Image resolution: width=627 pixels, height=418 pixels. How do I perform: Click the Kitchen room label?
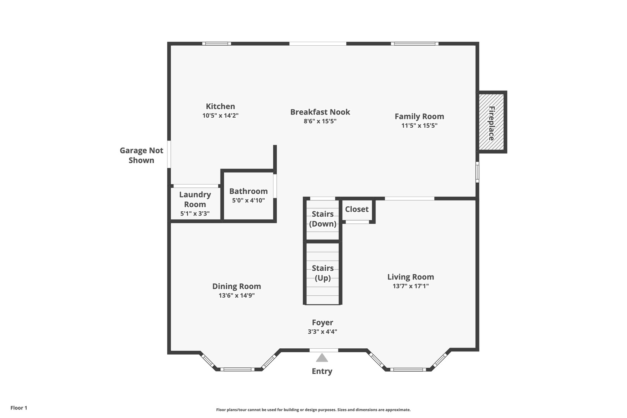(x=220, y=106)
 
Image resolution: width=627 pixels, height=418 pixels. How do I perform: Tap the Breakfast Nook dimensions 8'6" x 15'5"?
(x=320, y=121)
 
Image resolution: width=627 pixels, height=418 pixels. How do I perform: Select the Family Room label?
(x=419, y=116)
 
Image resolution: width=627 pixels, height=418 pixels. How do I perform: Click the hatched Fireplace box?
(x=492, y=122)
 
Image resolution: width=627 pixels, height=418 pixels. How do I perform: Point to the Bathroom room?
(x=248, y=195)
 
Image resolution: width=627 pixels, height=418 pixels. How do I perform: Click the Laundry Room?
(x=195, y=204)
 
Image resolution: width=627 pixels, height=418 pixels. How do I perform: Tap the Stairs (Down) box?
(x=322, y=219)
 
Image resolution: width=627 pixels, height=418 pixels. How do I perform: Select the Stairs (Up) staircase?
(x=322, y=273)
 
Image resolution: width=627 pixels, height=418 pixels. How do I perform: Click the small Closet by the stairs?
(x=357, y=209)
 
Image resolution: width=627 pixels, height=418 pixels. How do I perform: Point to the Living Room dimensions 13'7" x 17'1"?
(x=411, y=286)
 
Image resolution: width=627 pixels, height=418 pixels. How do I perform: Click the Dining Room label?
(x=236, y=286)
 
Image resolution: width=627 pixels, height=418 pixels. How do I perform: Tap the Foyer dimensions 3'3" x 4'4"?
(x=322, y=332)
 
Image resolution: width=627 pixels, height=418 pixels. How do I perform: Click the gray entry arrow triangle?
(x=322, y=358)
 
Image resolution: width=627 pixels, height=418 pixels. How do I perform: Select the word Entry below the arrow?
(x=322, y=371)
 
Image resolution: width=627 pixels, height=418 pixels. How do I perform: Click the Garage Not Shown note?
(x=141, y=155)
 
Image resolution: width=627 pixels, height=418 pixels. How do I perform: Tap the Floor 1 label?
(x=19, y=408)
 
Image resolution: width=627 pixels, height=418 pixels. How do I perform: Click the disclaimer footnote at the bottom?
(x=313, y=410)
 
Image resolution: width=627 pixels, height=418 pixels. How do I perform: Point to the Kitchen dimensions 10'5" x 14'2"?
(x=220, y=115)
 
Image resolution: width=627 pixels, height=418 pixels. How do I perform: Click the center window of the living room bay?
(x=408, y=370)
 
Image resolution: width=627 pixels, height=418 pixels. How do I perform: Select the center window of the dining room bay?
(x=237, y=369)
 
